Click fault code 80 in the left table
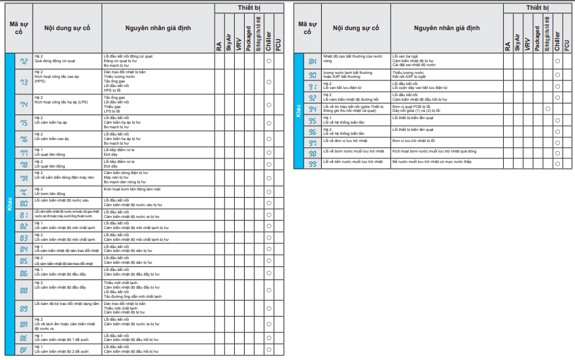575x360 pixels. click(24, 203)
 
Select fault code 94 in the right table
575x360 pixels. click(313, 109)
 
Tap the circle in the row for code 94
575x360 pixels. click(548, 109)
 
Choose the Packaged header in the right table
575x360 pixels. click(537, 39)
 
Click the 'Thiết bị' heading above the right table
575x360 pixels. click(538, 7)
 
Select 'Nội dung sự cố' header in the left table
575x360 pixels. click(67, 28)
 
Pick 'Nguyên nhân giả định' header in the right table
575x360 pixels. click(447, 28)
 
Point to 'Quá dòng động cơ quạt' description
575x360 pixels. click(57, 60)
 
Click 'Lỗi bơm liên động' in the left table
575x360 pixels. click(50, 194)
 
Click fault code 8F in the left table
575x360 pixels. click(24, 350)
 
